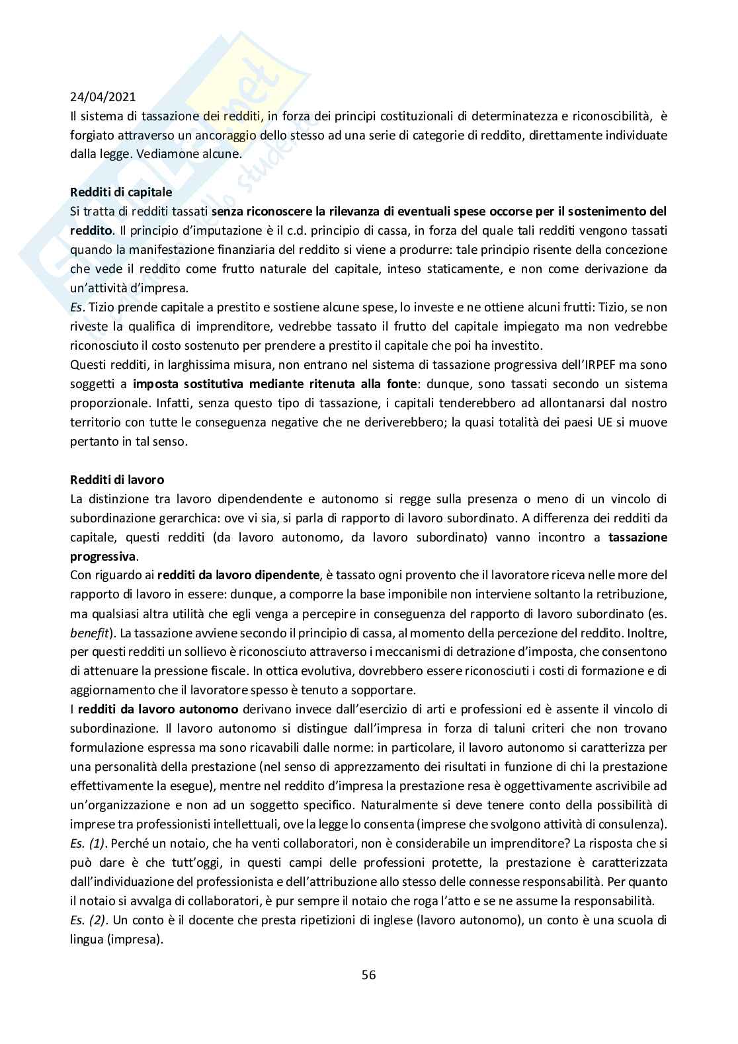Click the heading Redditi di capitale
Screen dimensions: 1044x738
tap(121, 192)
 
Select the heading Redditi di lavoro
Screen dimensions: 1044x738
tap(117, 479)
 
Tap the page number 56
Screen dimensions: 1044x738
tap(368, 974)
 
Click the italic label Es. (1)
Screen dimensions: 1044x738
tap(89, 843)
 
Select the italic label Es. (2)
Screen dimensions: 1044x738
tap(89, 920)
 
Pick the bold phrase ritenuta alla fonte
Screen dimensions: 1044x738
tap(362, 383)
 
